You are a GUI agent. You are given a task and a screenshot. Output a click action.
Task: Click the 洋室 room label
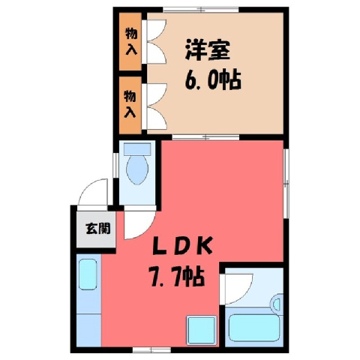pos(207,50)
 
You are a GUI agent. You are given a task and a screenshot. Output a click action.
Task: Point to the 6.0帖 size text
pos(213,80)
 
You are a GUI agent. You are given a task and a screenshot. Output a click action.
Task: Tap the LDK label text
pos(182,245)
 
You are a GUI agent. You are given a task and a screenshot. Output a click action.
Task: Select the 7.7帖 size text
pos(177,277)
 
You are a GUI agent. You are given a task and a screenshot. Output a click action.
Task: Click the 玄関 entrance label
pos(98,228)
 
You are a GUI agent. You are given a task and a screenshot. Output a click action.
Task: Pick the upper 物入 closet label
pos(131,41)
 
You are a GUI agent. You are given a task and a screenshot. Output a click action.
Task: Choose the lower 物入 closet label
pos(130,104)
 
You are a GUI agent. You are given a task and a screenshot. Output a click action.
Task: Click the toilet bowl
pos(137,169)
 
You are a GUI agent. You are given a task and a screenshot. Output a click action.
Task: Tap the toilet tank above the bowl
pos(137,149)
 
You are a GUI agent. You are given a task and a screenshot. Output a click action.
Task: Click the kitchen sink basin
pos(88,274)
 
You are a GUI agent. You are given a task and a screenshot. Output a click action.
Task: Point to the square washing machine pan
pos(202,331)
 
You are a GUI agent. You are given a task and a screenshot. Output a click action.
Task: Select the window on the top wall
pos(201,10)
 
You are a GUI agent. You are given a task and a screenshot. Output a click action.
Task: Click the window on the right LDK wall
pos(286,183)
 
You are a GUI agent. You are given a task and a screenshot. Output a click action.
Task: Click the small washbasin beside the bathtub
pos(277,304)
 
